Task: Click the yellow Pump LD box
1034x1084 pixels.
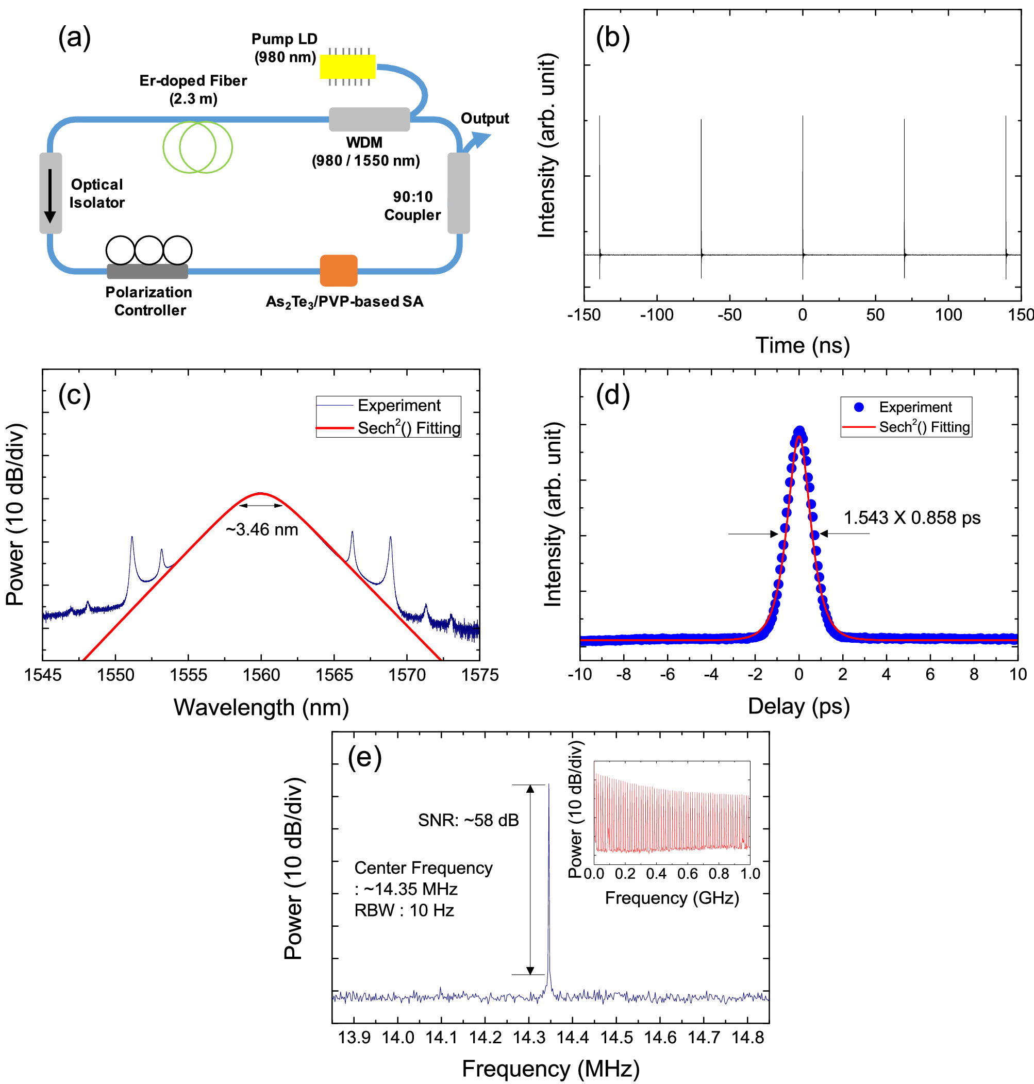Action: click(x=348, y=66)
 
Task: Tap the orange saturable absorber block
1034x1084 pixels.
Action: click(x=339, y=271)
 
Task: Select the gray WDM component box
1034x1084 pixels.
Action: click(x=369, y=119)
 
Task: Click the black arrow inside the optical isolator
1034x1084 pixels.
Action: click(x=50, y=196)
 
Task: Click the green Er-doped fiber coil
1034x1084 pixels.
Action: click(x=197, y=147)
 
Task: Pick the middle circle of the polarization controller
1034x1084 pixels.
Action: click(x=149, y=250)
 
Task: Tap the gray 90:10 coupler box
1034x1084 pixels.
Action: click(x=459, y=193)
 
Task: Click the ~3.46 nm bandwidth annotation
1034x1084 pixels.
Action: click(x=262, y=529)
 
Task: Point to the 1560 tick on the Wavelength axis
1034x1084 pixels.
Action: click(x=261, y=675)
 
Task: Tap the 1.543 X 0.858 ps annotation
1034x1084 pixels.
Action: click(x=912, y=518)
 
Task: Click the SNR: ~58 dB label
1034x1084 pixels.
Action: click(x=468, y=820)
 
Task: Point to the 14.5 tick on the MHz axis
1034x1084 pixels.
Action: click(x=616, y=1038)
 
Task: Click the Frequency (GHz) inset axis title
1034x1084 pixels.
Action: click(x=671, y=898)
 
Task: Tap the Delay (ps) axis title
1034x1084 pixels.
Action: click(x=798, y=707)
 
